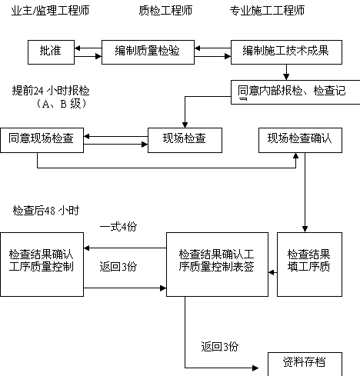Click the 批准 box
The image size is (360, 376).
pos(51,52)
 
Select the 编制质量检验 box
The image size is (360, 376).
pos(148,52)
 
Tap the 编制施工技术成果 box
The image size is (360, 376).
pos(286,52)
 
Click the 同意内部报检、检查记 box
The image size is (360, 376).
pos(295,92)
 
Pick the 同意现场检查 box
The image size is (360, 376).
pos(42,141)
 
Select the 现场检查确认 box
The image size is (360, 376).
pos(300,141)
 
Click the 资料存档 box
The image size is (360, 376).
pos(305,364)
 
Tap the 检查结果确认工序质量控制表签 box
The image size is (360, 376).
pos(217,265)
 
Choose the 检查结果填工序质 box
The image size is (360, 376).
pos(309,265)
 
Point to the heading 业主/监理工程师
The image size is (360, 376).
pos(50,11)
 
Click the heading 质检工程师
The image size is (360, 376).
pos(165,11)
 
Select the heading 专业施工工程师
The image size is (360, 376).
pos(267,11)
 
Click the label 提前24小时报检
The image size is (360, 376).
pos(51,91)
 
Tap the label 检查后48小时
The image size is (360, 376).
pos(46,211)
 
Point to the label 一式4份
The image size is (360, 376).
pos(118,227)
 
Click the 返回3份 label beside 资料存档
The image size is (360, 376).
pos(220,347)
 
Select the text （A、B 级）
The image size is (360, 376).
pos(61,104)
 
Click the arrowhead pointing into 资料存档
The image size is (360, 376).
pos(255,368)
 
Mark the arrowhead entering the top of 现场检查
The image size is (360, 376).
pos(185,125)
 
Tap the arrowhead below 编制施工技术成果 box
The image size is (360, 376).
pos(286,77)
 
